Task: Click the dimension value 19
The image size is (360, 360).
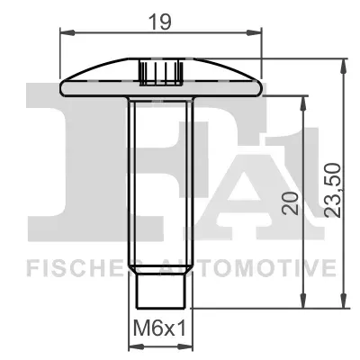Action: pyautogui.click(x=160, y=22)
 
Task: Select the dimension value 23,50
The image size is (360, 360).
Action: pyautogui.click(x=333, y=190)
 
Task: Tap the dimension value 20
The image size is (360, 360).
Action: pyautogui.click(x=291, y=203)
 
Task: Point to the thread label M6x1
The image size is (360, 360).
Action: pyautogui.click(x=159, y=328)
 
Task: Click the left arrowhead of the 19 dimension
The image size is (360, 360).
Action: pyautogui.click(x=67, y=32)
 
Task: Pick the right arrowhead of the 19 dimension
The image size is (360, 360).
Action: pyautogui.click(x=255, y=32)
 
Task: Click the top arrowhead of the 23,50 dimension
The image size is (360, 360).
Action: pyautogui.click(x=344, y=66)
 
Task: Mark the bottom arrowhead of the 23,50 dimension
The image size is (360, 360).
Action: pyautogui.click(x=344, y=301)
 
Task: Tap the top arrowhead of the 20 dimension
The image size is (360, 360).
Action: pyautogui.click(x=303, y=103)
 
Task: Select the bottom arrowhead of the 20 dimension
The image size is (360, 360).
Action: pyautogui.click(x=303, y=301)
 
